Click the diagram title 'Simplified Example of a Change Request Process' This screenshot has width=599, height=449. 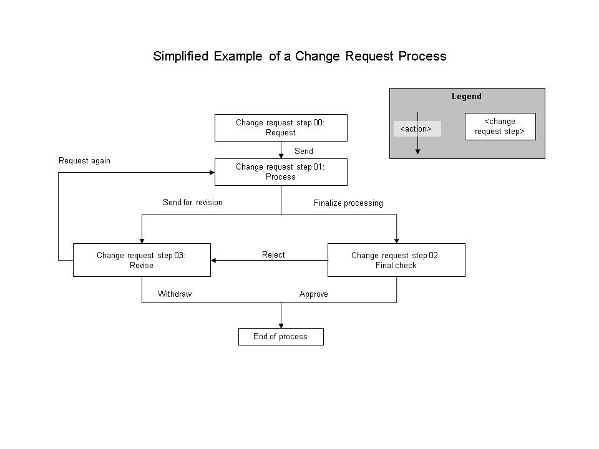(299, 56)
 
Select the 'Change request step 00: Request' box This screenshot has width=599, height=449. (281, 128)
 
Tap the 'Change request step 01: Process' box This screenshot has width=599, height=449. (281, 172)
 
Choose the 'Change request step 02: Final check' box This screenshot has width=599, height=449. (396, 260)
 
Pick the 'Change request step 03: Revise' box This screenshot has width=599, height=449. (142, 260)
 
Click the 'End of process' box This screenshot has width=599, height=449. (281, 337)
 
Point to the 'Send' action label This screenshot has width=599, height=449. (304, 151)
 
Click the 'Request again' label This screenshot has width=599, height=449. (84, 161)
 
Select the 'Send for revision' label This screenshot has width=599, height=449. (192, 203)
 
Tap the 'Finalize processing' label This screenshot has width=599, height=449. (348, 203)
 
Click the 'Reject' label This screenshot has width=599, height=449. (273, 254)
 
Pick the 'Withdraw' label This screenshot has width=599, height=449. (175, 294)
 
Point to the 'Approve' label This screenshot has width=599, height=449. (313, 294)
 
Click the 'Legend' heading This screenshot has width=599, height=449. (467, 97)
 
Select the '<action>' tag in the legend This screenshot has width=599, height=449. (416, 129)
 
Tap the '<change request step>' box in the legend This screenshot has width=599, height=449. (500, 127)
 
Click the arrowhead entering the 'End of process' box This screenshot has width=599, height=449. (281, 325)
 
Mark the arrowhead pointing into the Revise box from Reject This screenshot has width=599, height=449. (214, 260)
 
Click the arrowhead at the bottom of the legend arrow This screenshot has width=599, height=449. (417, 150)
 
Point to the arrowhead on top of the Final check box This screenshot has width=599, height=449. (396, 240)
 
